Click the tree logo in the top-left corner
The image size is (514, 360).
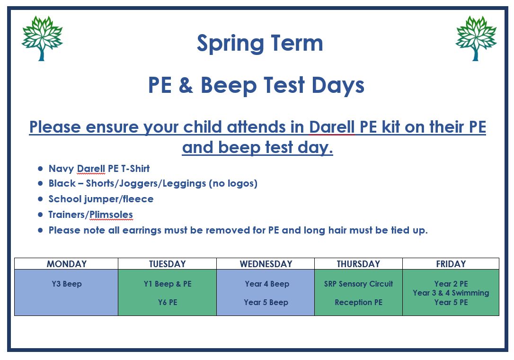tap(42, 38)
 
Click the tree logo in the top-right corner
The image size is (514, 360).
tap(476, 38)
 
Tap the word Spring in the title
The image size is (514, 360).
tap(230, 44)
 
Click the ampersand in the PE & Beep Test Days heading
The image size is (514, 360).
tap(186, 85)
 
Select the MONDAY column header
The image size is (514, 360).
tap(67, 264)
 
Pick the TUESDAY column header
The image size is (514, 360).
tap(167, 264)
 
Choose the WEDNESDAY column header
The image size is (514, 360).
tap(266, 264)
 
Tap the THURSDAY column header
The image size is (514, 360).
tap(358, 264)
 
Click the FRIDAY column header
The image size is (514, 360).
tap(451, 264)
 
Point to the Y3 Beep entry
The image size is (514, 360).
tap(67, 284)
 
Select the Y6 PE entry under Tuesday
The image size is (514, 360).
tap(168, 302)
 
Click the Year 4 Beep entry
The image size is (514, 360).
tap(267, 284)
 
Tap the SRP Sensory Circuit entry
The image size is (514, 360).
tap(358, 284)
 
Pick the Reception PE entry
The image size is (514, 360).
tap(359, 302)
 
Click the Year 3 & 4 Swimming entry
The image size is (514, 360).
tap(451, 293)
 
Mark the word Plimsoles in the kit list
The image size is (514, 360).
tap(111, 215)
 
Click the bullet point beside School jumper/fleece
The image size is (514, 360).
tap(40, 199)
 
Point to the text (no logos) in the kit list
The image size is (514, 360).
tap(233, 183)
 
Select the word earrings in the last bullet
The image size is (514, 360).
tap(142, 230)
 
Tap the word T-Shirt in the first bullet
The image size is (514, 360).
tap(135, 169)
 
